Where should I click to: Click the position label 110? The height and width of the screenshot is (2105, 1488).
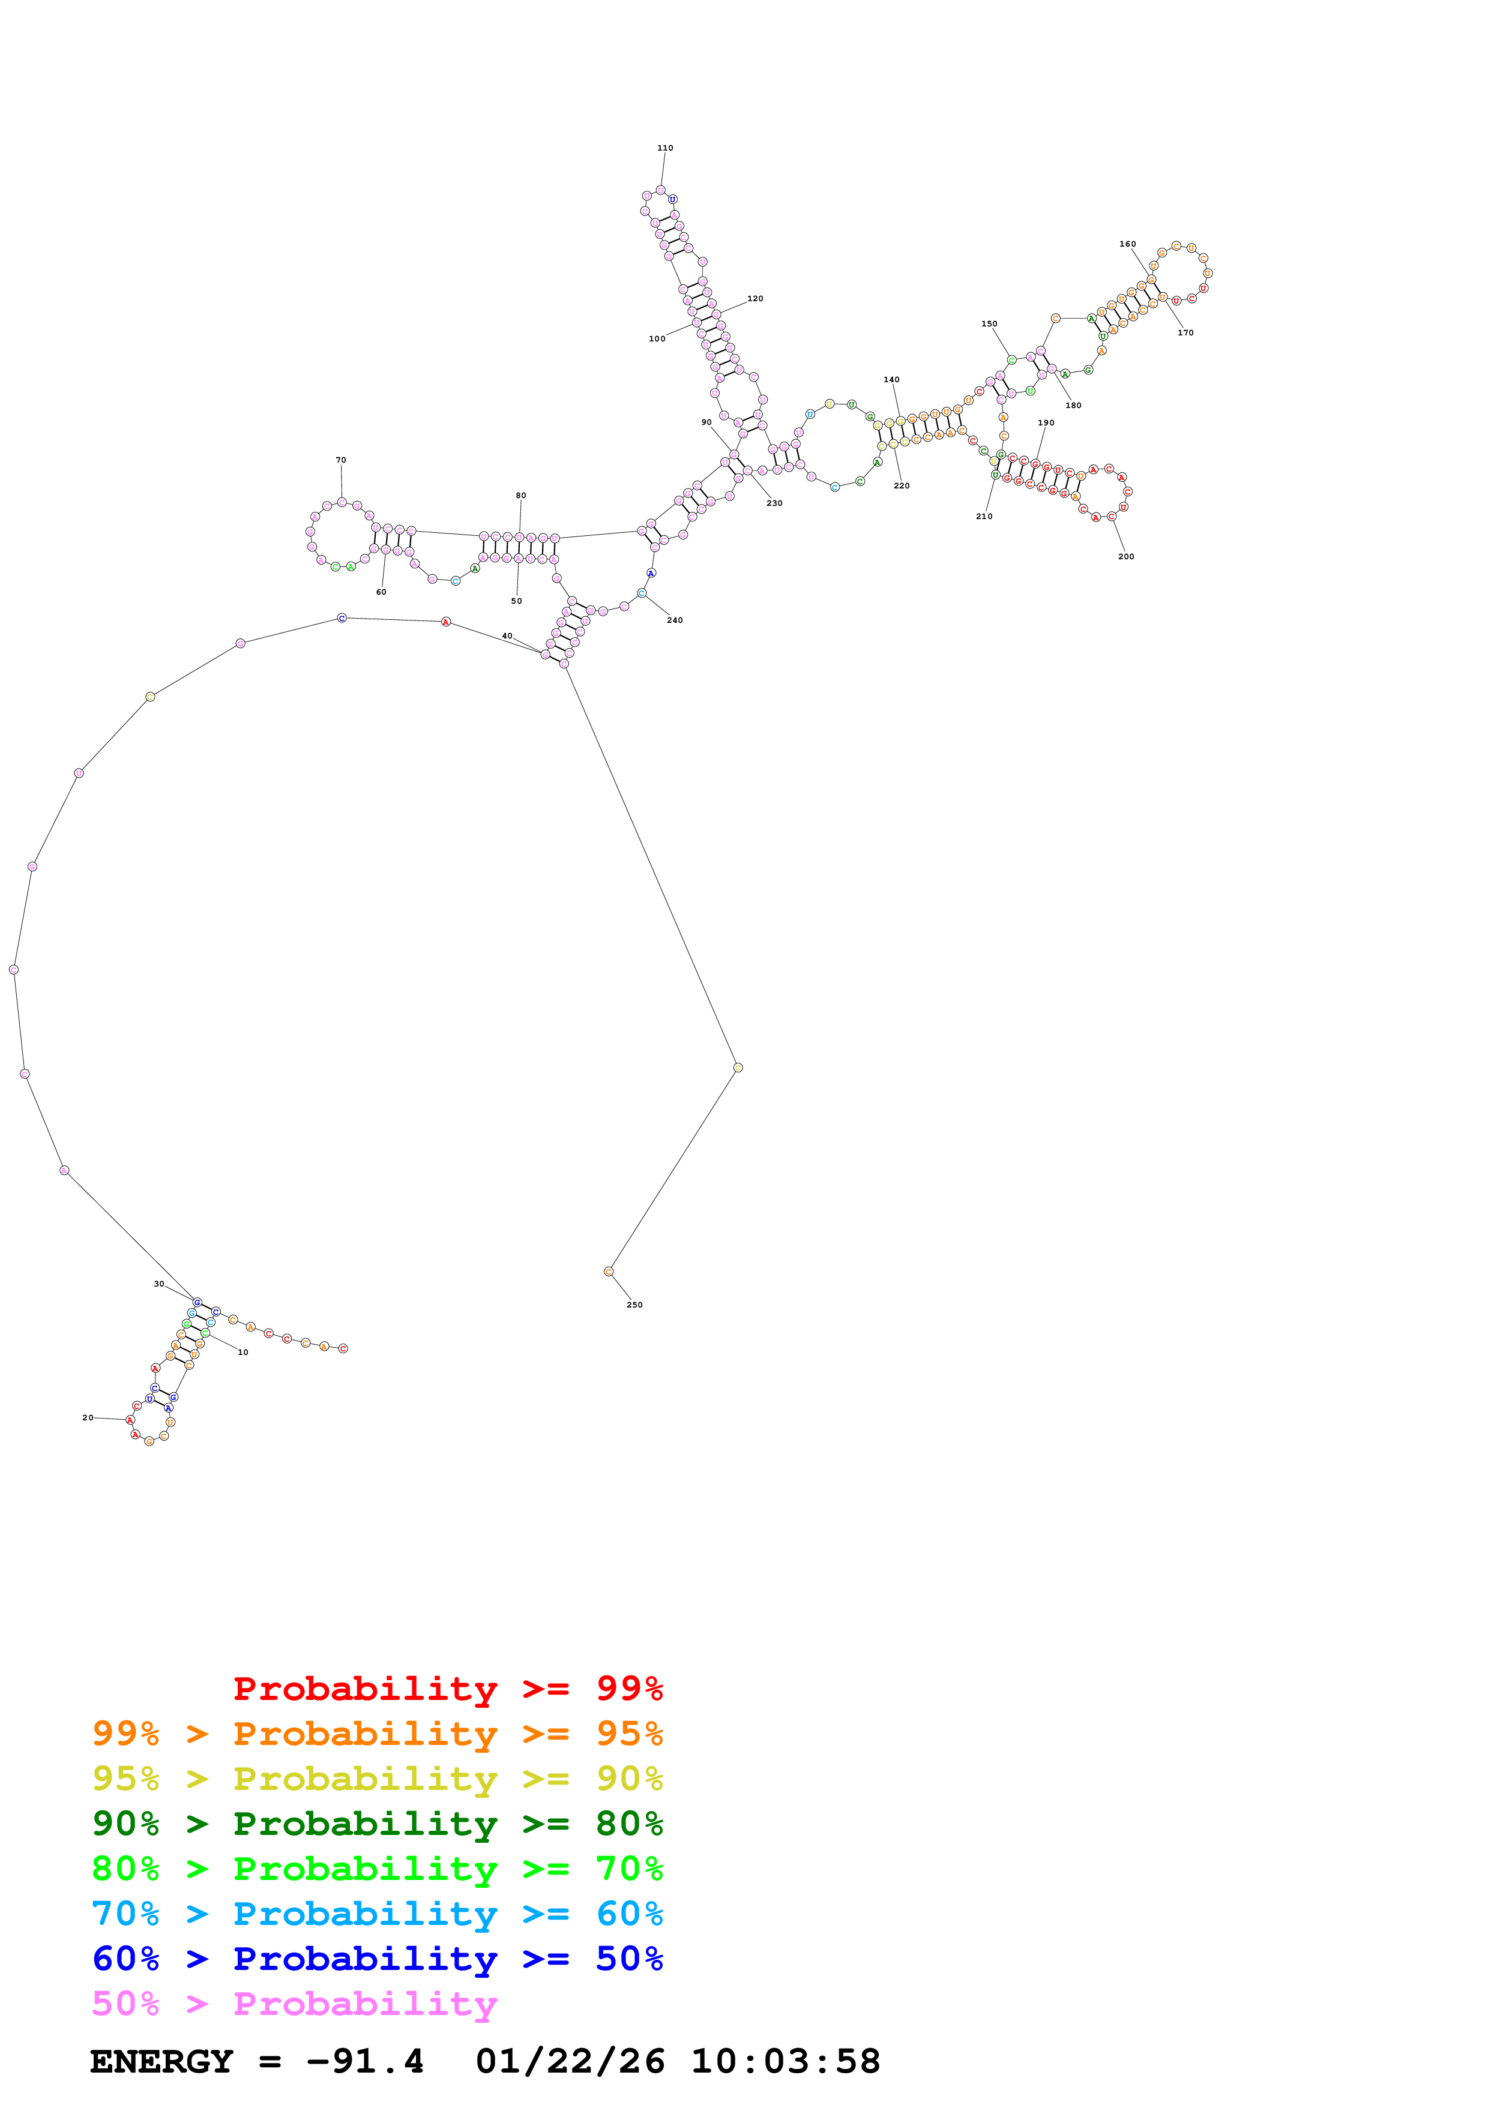click(x=664, y=148)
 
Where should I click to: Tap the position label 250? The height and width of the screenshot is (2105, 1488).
click(x=634, y=1305)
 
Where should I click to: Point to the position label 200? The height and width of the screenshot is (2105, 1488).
click(x=1126, y=556)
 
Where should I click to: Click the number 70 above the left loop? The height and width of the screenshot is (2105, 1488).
click(x=341, y=460)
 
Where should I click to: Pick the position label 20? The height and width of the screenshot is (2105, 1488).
click(x=88, y=1417)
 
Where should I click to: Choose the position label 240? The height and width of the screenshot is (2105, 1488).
click(x=675, y=620)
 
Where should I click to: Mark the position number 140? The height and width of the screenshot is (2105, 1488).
click(x=891, y=380)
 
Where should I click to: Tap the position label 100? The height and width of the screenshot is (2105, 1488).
click(x=657, y=339)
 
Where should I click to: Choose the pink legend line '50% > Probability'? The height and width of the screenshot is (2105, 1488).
click(x=294, y=2004)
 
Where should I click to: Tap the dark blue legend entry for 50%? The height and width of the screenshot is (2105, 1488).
click(x=378, y=1959)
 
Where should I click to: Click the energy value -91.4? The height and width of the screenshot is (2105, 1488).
click(x=365, y=2062)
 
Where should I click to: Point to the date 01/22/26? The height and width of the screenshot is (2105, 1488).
click(x=570, y=2062)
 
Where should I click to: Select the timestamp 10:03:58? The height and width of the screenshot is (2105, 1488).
click(x=786, y=2062)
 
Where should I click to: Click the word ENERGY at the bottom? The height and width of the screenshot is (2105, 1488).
click(x=161, y=2062)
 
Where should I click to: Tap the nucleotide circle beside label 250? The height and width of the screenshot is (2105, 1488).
click(x=609, y=1272)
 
